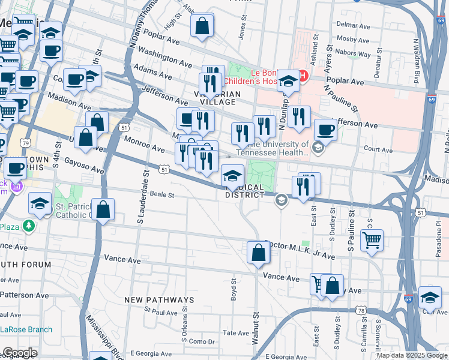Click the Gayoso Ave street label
(84, 166)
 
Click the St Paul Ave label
(161, 312)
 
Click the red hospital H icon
(303, 76)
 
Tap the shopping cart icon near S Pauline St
(372, 241)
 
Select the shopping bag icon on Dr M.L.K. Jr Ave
(258, 252)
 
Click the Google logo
(19, 353)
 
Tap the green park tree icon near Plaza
(28, 226)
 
